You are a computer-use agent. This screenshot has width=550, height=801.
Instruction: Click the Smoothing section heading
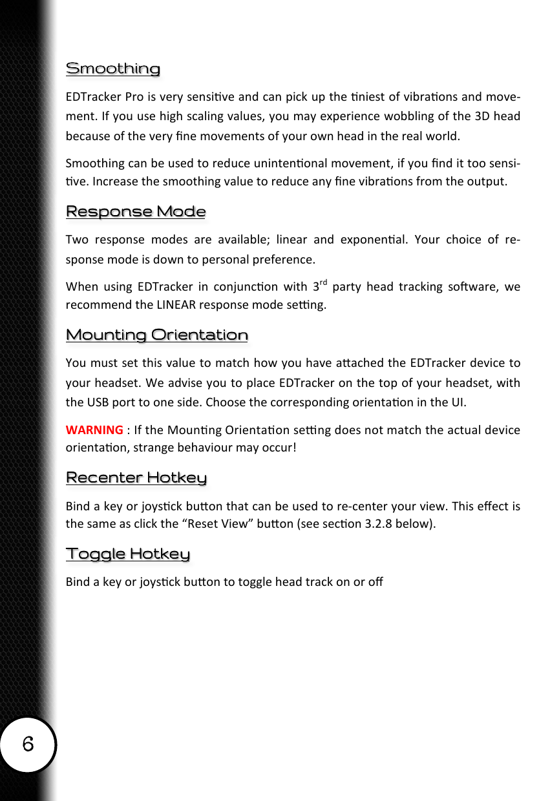pos(113,68)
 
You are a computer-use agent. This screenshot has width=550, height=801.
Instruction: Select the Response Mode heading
pos(136,212)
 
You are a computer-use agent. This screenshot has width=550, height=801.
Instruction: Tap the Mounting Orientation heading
pos(157,335)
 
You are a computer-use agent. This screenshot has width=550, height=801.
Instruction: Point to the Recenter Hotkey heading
pos(136,477)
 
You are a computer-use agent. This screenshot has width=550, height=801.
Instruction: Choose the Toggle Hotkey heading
pos(128,554)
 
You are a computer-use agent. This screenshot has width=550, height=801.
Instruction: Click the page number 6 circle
pos(28,744)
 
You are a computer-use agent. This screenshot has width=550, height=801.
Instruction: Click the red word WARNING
pos(94,430)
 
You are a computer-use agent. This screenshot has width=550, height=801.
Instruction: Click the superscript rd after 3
pos(324,282)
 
